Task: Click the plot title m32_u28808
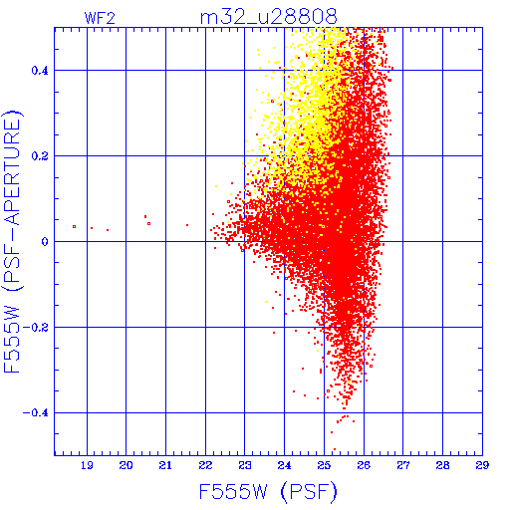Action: (x=269, y=17)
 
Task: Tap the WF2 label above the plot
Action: (x=100, y=18)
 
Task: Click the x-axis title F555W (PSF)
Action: (x=268, y=492)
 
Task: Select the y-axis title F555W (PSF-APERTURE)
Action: (x=13, y=242)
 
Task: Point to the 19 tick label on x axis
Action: (x=87, y=465)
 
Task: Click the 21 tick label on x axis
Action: (x=165, y=465)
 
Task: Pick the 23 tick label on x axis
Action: (x=245, y=465)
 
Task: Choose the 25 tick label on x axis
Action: (x=324, y=465)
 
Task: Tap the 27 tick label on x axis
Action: (x=403, y=465)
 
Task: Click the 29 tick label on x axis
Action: (x=482, y=465)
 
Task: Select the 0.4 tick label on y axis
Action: (x=40, y=71)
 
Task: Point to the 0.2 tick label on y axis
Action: (x=40, y=156)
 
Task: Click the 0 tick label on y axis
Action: (x=45, y=242)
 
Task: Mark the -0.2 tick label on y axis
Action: (x=36, y=328)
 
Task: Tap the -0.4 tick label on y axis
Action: (x=36, y=413)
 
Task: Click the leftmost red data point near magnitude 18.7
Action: (x=74, y=227)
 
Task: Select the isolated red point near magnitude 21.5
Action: (x=187, y=225)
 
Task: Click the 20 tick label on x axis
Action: (x=126, y=465)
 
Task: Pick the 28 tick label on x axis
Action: (x=442, y=465)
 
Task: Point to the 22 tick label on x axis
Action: (x=205, y=465)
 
